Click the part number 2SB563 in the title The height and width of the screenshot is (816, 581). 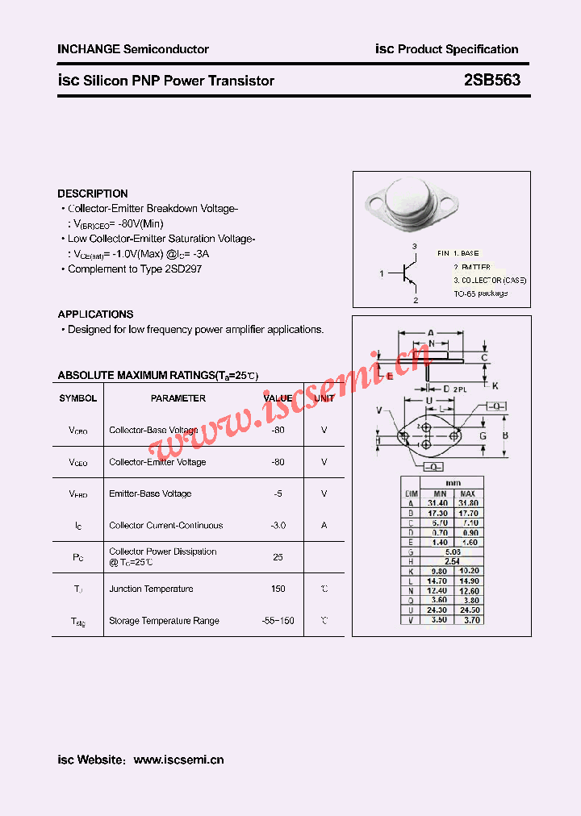[x=491, y=81]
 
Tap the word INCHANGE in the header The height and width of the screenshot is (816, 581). [x=88, y=49]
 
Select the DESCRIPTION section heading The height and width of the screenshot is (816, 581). [x=93, y=194]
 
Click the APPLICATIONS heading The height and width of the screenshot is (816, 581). [x=95, y=314]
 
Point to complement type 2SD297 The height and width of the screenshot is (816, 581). [x=182, y=269]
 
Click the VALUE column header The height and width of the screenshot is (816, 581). [x=278, y=398]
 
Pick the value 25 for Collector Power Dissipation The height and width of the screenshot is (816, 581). [x=278, y=557]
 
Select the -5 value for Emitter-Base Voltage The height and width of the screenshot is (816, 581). [x=278, y=493]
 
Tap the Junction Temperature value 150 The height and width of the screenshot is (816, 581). [x=278, y=589]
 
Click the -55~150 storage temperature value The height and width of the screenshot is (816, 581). [x=278, y=621]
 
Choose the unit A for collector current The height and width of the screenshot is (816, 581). [x=324, y=526]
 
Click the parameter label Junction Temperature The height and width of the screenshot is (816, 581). [x=151, y=589]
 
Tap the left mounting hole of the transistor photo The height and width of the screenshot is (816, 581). [x=373, y=198]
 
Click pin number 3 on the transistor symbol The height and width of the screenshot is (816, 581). [x=414, y=246]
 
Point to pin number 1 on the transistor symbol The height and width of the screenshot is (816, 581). [x=382, y=274]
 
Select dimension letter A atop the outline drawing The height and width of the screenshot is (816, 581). [x=430, y=332]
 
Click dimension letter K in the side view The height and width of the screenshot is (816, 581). [x=495, y=385]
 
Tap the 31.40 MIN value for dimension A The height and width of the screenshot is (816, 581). [x=440, y=503]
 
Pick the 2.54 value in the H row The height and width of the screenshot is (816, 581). [x=452, y=561]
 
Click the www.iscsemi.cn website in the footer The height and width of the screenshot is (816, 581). [x=178, y=760]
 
